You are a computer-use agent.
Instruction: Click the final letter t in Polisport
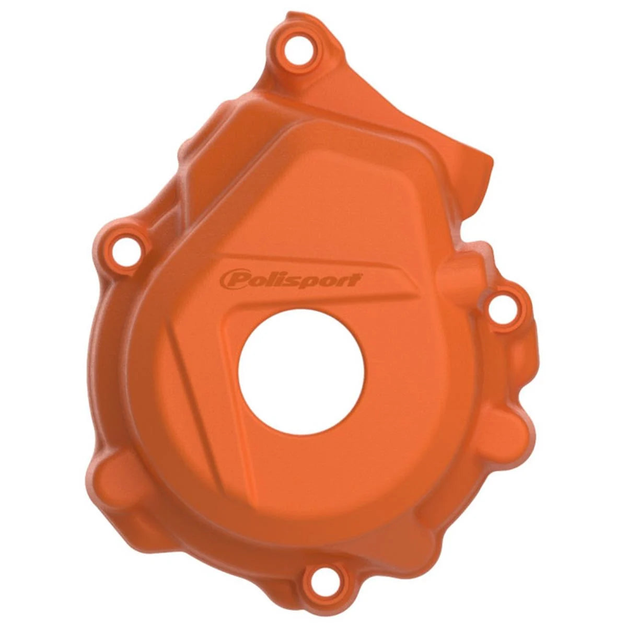356,279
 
